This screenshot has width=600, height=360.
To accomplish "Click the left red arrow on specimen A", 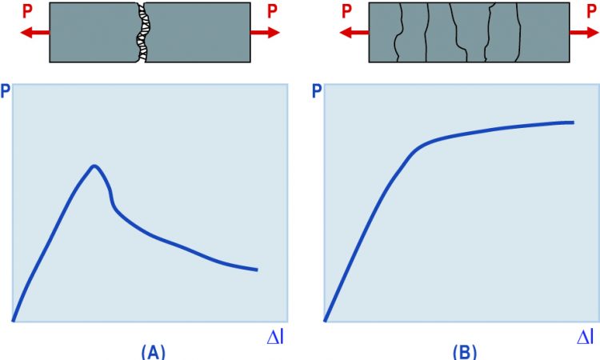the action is pyautogui.click(x=35, y=33).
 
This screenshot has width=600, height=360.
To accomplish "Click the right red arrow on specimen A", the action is pyautogui.click(x=265, y=33).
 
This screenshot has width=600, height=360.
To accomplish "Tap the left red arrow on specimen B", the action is pyautogui.click(x=354, y=33).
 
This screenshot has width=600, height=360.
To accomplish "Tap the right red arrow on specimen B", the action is pyautogui.click(x=584, y=33).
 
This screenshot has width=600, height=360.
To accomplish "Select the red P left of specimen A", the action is pyautogui.click(x=27, y=11).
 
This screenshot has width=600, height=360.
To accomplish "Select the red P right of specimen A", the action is pyautogui.click(x=272, y=11).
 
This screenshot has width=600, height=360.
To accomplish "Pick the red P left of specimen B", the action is pyautogui.click(x=346, y=11).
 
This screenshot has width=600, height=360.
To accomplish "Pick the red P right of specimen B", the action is pyautogui.click(x=591, y=11).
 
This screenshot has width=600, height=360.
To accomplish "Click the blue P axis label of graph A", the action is pyautogui.click(x=6, y=92).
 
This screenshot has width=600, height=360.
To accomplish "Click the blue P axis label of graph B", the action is pyautogui.click(x=318, y=92).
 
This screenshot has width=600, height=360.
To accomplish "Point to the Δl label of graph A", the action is pyautogui.click(x=275, y=337).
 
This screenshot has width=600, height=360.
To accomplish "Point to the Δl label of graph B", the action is pyautogui.click(x=586, y=337).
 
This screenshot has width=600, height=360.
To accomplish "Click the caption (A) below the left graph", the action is pyautogui.click(x=154, y=352).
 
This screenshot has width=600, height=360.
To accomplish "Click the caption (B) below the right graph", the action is pyautogui.click(x=465, y=352).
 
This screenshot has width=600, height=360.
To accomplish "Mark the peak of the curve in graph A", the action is pyautogui.click(x=94, y=166).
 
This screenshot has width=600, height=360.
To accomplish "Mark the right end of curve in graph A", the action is pyautogui.click(x=257, y=270).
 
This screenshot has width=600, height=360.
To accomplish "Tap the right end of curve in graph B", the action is pyautogui.click(x=574, y=122).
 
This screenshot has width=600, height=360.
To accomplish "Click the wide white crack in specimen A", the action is pyautogui.click(x=143, y=32).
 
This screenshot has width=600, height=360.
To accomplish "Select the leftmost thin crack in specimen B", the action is pyautogui.click(x=399, y=32).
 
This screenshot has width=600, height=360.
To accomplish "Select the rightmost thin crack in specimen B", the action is pyautogui.click(x=518, y=32).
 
